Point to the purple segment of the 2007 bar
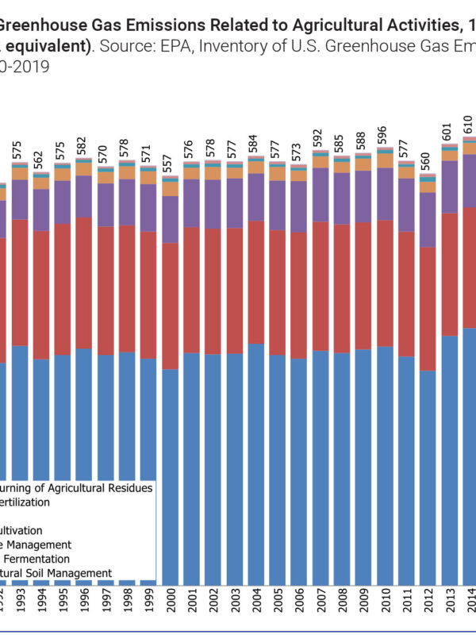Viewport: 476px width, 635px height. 320,194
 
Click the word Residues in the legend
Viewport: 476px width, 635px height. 129,487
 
